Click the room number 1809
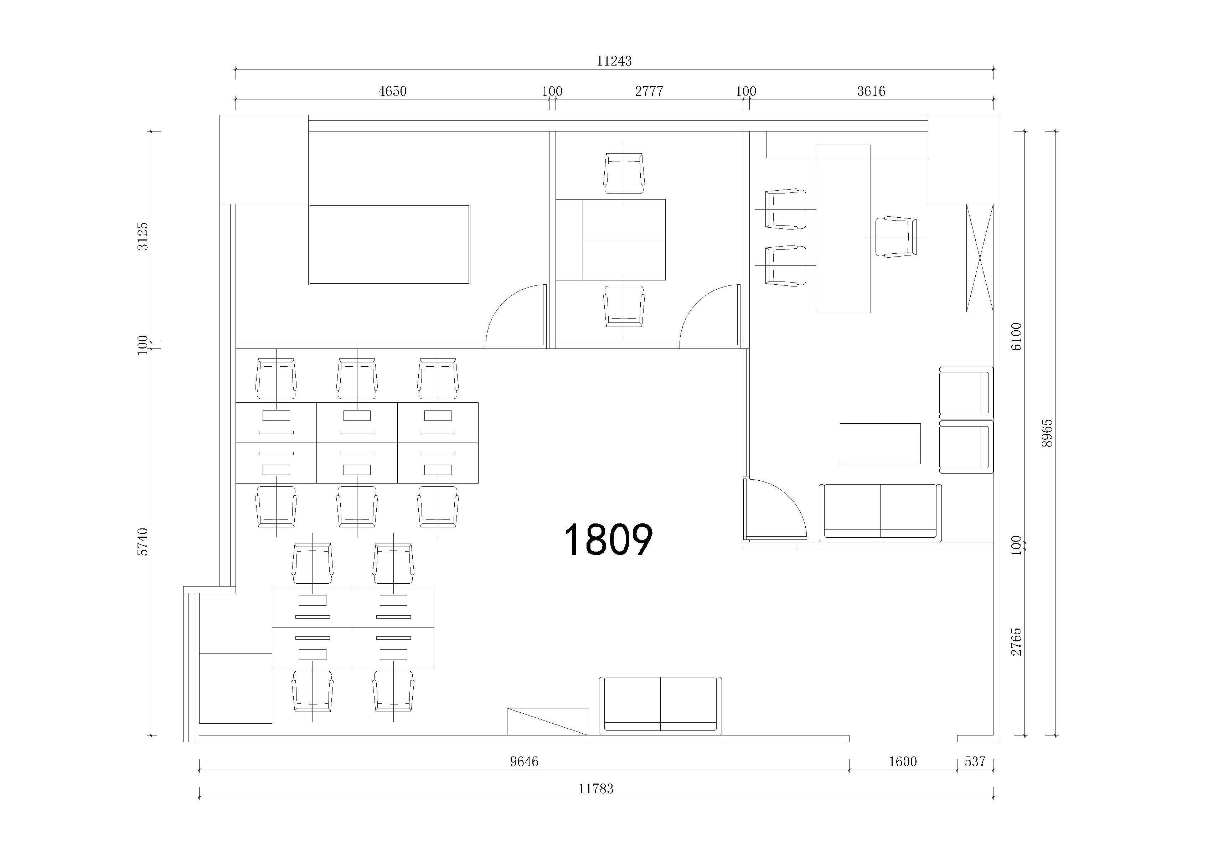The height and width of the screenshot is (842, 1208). [x=608, y=539]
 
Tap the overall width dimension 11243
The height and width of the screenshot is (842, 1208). [x=614, y=61]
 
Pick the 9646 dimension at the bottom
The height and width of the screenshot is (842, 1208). [x=524, y=761]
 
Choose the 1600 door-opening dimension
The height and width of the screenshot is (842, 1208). [x=903, y=761]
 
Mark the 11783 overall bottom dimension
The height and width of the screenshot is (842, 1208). [x=596, y=788]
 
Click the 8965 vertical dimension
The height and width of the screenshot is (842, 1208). [x=1047, y=433]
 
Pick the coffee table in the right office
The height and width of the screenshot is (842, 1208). [x=880, y=444]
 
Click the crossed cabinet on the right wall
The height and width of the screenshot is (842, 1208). [x=980, y=258]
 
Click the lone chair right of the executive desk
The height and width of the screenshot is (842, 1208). [x=895, y=237]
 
